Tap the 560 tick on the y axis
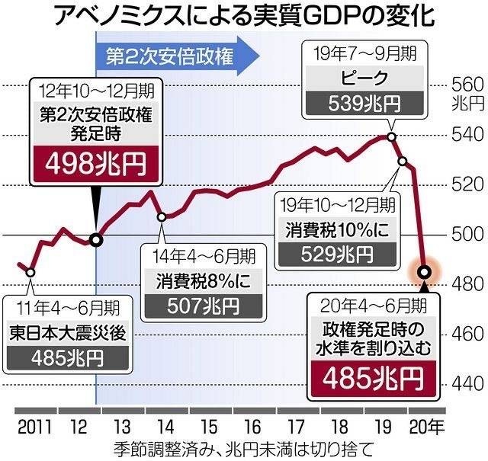point(467,85)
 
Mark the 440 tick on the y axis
point(467,383)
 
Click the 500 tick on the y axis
point(467,234)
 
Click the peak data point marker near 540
point(391,136)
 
